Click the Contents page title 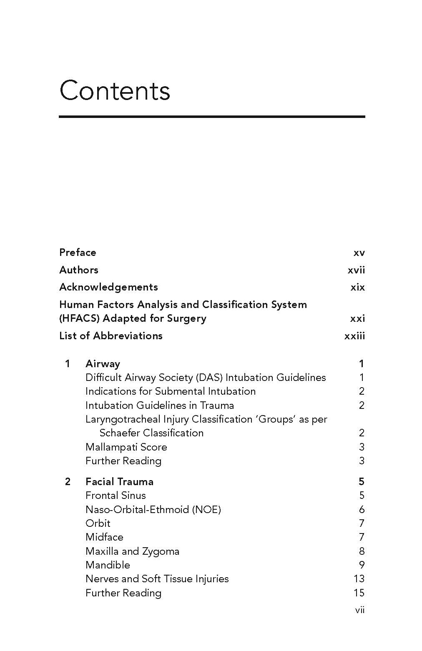pyautogui.click(x=115, y=90)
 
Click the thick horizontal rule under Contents pyautogui.click(x=212, y=117)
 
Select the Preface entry pyautogui.click(x=78, y=253)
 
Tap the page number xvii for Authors pyautogui.click(x=356, y=270)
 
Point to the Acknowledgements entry pyautogui.click(x=108, y=287)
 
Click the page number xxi pyautogui.click(x=357, y=319)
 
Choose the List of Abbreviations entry pyautogui.click(x=111, y=336)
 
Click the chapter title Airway pyautogui.click(x=103, y=364)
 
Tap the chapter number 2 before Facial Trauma pyautogui.click(x=68, y=482)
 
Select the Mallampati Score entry pyautogui.click(x=126, y=447)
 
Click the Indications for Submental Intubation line pyautogui.click(x=170, y=391)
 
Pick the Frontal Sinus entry pyautogui.click(x=116, y=496)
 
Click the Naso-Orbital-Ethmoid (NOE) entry pyautogui.click(x=153, y=510)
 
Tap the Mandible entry pyautogui.click(x=108, y=565)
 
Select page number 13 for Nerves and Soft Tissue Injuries pyautogui.click(x=359, y=579)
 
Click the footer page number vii pyautogui.click(x=359, y=610)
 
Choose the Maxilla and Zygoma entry pyautogui.click(x=132, y=551)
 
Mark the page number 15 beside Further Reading pyautogui.click(x=359, y=593)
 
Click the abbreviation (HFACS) pyautogui.click(x=79, y=319)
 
